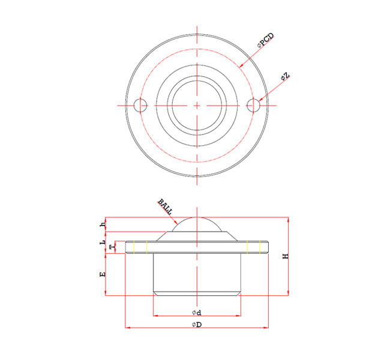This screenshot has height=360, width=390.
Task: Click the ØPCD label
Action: click(x=266, y=40)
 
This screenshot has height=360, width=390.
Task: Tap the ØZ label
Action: click(x=285, y=76)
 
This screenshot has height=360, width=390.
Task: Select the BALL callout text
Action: click(x=165, y=206)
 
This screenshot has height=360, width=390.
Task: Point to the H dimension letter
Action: click(x=286, y=256)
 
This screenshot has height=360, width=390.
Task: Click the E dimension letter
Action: click(x=103, y=274)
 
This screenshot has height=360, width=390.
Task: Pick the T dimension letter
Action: click(x=113, y=247)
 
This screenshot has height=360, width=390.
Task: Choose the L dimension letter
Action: click(x=103, y=242)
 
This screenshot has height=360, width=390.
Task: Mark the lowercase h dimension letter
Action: click(x=103, y=224)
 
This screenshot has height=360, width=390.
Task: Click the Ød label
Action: click(x=196, y=313)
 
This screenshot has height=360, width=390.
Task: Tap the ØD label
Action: click(x=197, y=325)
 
